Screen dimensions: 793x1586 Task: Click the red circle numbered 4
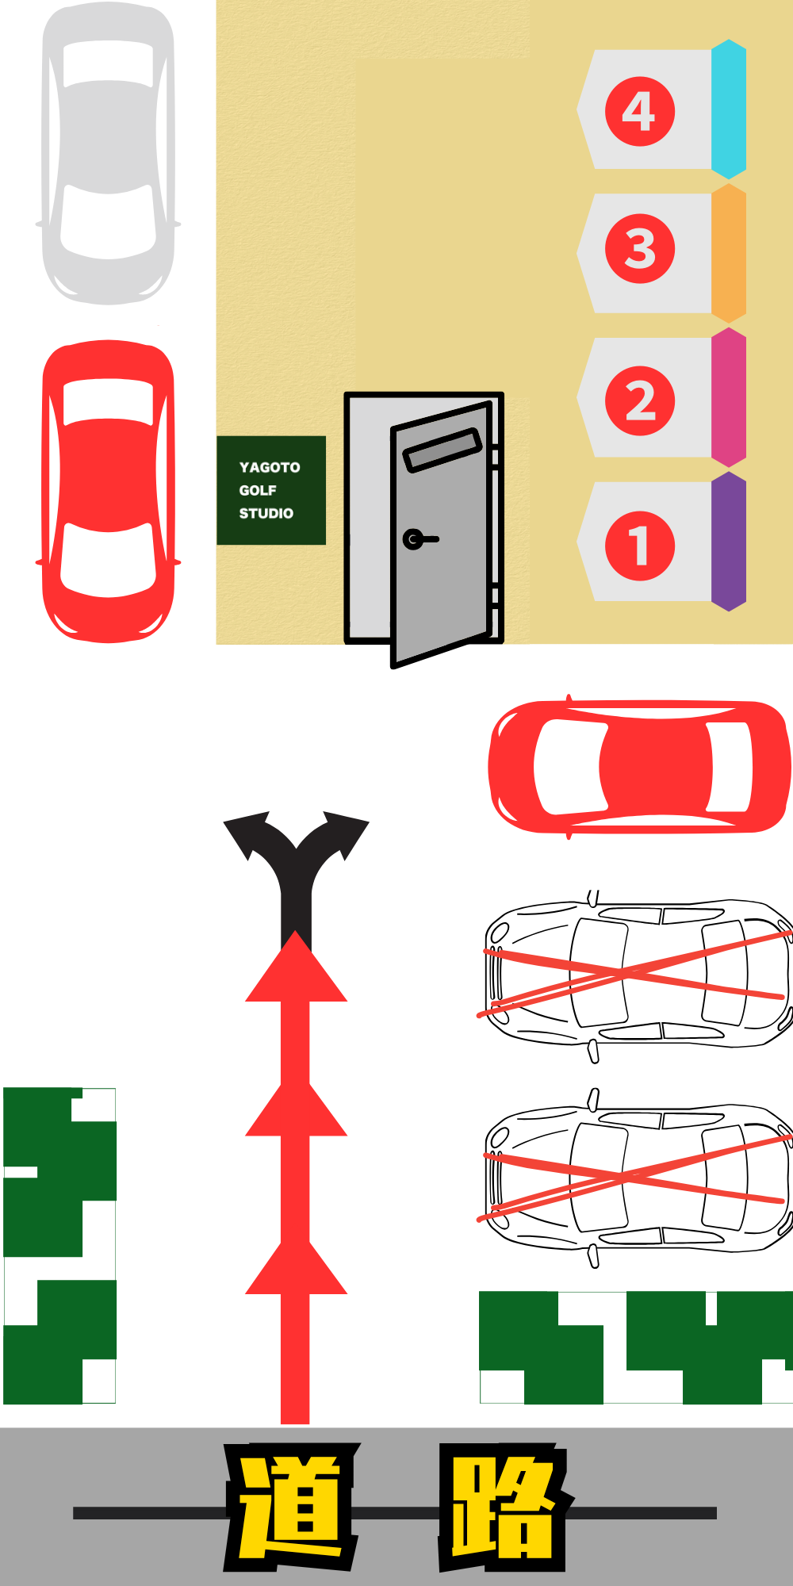pos(640,111)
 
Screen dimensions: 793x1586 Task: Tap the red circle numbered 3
pos(640,249)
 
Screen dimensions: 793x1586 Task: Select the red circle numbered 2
pos(640,400)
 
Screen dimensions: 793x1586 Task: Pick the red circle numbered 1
pos(640,546)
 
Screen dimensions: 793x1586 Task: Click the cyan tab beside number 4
pos(729,109)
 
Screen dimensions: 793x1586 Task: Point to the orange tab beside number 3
pos(729,254)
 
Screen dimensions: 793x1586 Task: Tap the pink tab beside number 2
pos(729,397)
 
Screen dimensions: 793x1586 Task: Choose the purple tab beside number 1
pos(729,542)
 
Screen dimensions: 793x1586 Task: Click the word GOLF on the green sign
pos(258,490)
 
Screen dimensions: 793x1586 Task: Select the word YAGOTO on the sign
pos(270,467)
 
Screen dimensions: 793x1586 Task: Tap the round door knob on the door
pos(413,539)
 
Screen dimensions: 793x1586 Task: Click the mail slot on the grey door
pos(442,450)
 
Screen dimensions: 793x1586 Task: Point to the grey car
pos(108,154)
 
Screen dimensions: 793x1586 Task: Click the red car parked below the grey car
pos(108,492)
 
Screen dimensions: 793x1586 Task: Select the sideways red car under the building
pos(640,767)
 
